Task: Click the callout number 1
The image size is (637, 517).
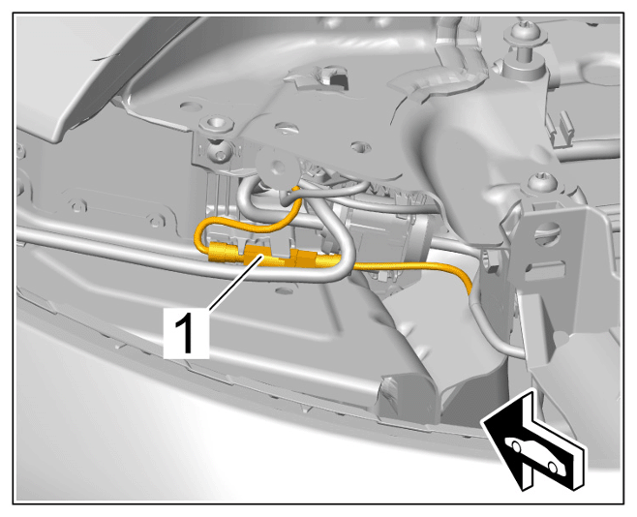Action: (x=186, y=333)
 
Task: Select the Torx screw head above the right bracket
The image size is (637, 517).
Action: (x=543, y=182)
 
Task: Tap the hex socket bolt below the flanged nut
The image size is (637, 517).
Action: (x=218, y=151)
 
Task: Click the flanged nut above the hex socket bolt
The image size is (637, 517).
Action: (x=217, y=124)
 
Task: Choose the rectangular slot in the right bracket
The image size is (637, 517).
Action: (x=544, y=270)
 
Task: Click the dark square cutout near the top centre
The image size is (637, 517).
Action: (x=338, y=80)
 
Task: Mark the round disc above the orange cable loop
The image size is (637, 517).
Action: (x=277, y=167)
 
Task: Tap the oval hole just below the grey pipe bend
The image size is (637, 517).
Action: (x=284, y=290)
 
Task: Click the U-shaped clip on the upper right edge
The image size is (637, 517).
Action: (x=561, y=128)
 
